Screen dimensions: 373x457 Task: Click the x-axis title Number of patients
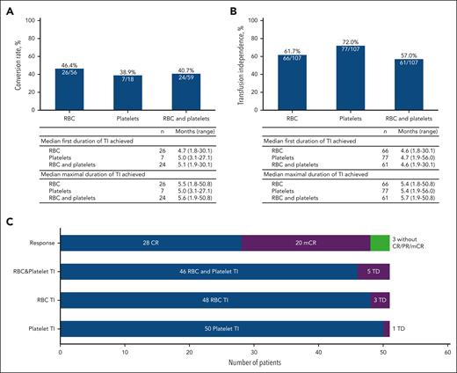pos(254,363)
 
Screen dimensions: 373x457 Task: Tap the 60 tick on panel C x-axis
pos(447,350)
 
